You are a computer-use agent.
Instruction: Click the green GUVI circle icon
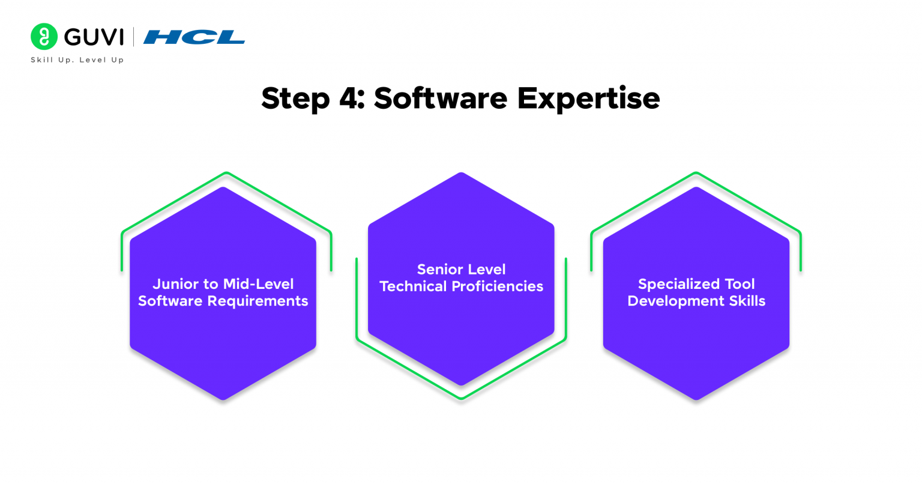pos(44,37)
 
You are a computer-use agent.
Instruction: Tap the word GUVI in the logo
pos(94,37)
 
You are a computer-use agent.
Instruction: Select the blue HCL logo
pos(194,37)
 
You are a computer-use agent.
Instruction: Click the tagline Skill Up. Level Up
pos(77,60)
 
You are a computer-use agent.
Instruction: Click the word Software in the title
pos(441,98)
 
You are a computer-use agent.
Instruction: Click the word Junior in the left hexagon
pos(175,284)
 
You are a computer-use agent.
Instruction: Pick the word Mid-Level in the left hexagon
pos(258,284)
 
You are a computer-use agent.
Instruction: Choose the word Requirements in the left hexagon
pos(258,301)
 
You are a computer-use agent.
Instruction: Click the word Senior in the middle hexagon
pos(439,270)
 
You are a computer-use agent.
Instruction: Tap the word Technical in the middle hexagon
pos(413,286)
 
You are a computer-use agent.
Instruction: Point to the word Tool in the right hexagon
pos(740,284)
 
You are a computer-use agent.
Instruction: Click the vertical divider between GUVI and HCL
pos(133,37)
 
